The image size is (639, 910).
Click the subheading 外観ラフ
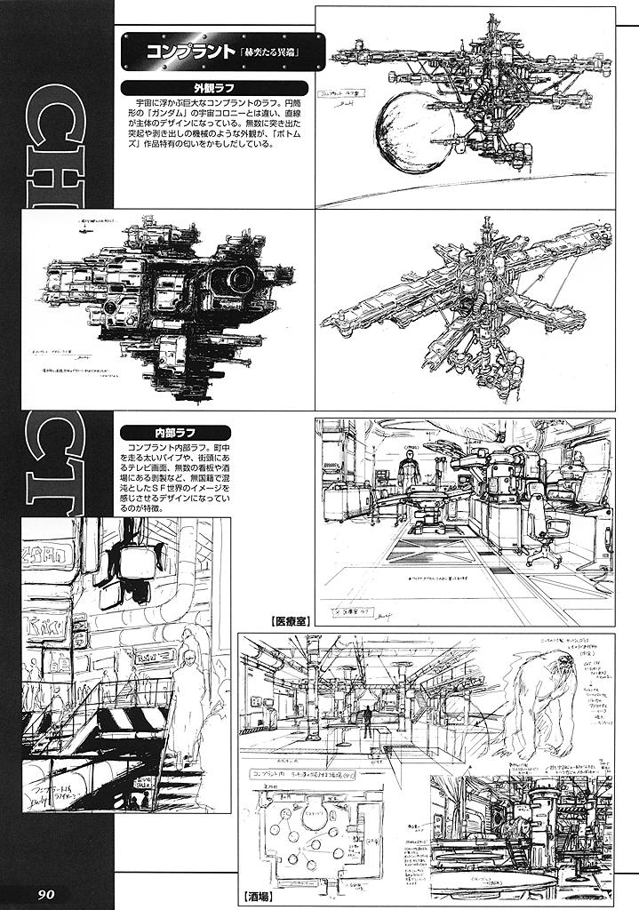click(x=212, y=88)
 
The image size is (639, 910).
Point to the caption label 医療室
click(x=285, y=621)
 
